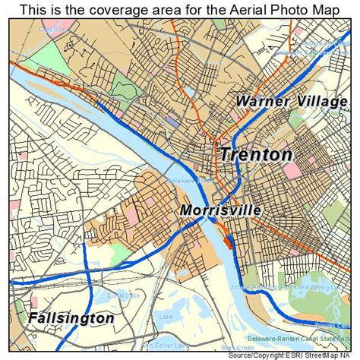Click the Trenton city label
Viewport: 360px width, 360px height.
(256, 154)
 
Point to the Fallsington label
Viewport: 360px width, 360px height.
(71, 317)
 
